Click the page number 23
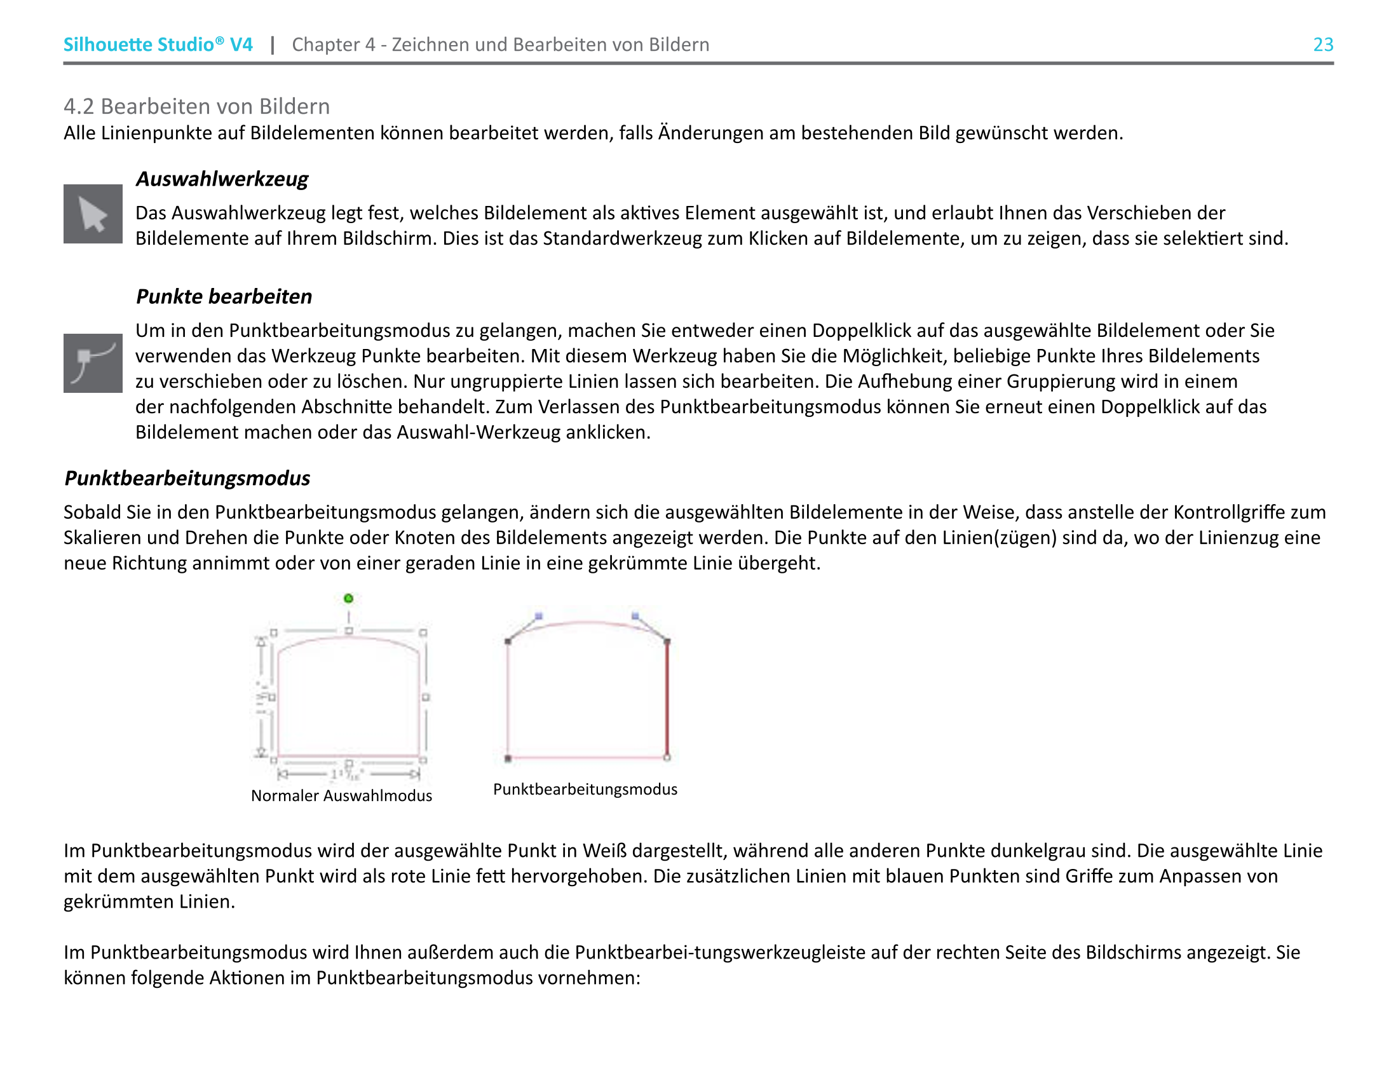1323,44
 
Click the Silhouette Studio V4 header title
158,44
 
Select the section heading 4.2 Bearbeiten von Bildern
196,106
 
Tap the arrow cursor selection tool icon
93,214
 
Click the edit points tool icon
93,363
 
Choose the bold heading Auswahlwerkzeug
222,179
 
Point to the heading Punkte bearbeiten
224,296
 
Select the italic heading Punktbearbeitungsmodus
187,478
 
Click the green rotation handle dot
348,599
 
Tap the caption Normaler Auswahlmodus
341,796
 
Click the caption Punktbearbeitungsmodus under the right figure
585,789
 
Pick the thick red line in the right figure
667,698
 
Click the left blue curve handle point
539,616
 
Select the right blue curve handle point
635,616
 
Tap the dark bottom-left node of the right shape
508,758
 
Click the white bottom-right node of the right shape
667,758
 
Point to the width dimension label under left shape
348,775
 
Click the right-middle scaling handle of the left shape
426,697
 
